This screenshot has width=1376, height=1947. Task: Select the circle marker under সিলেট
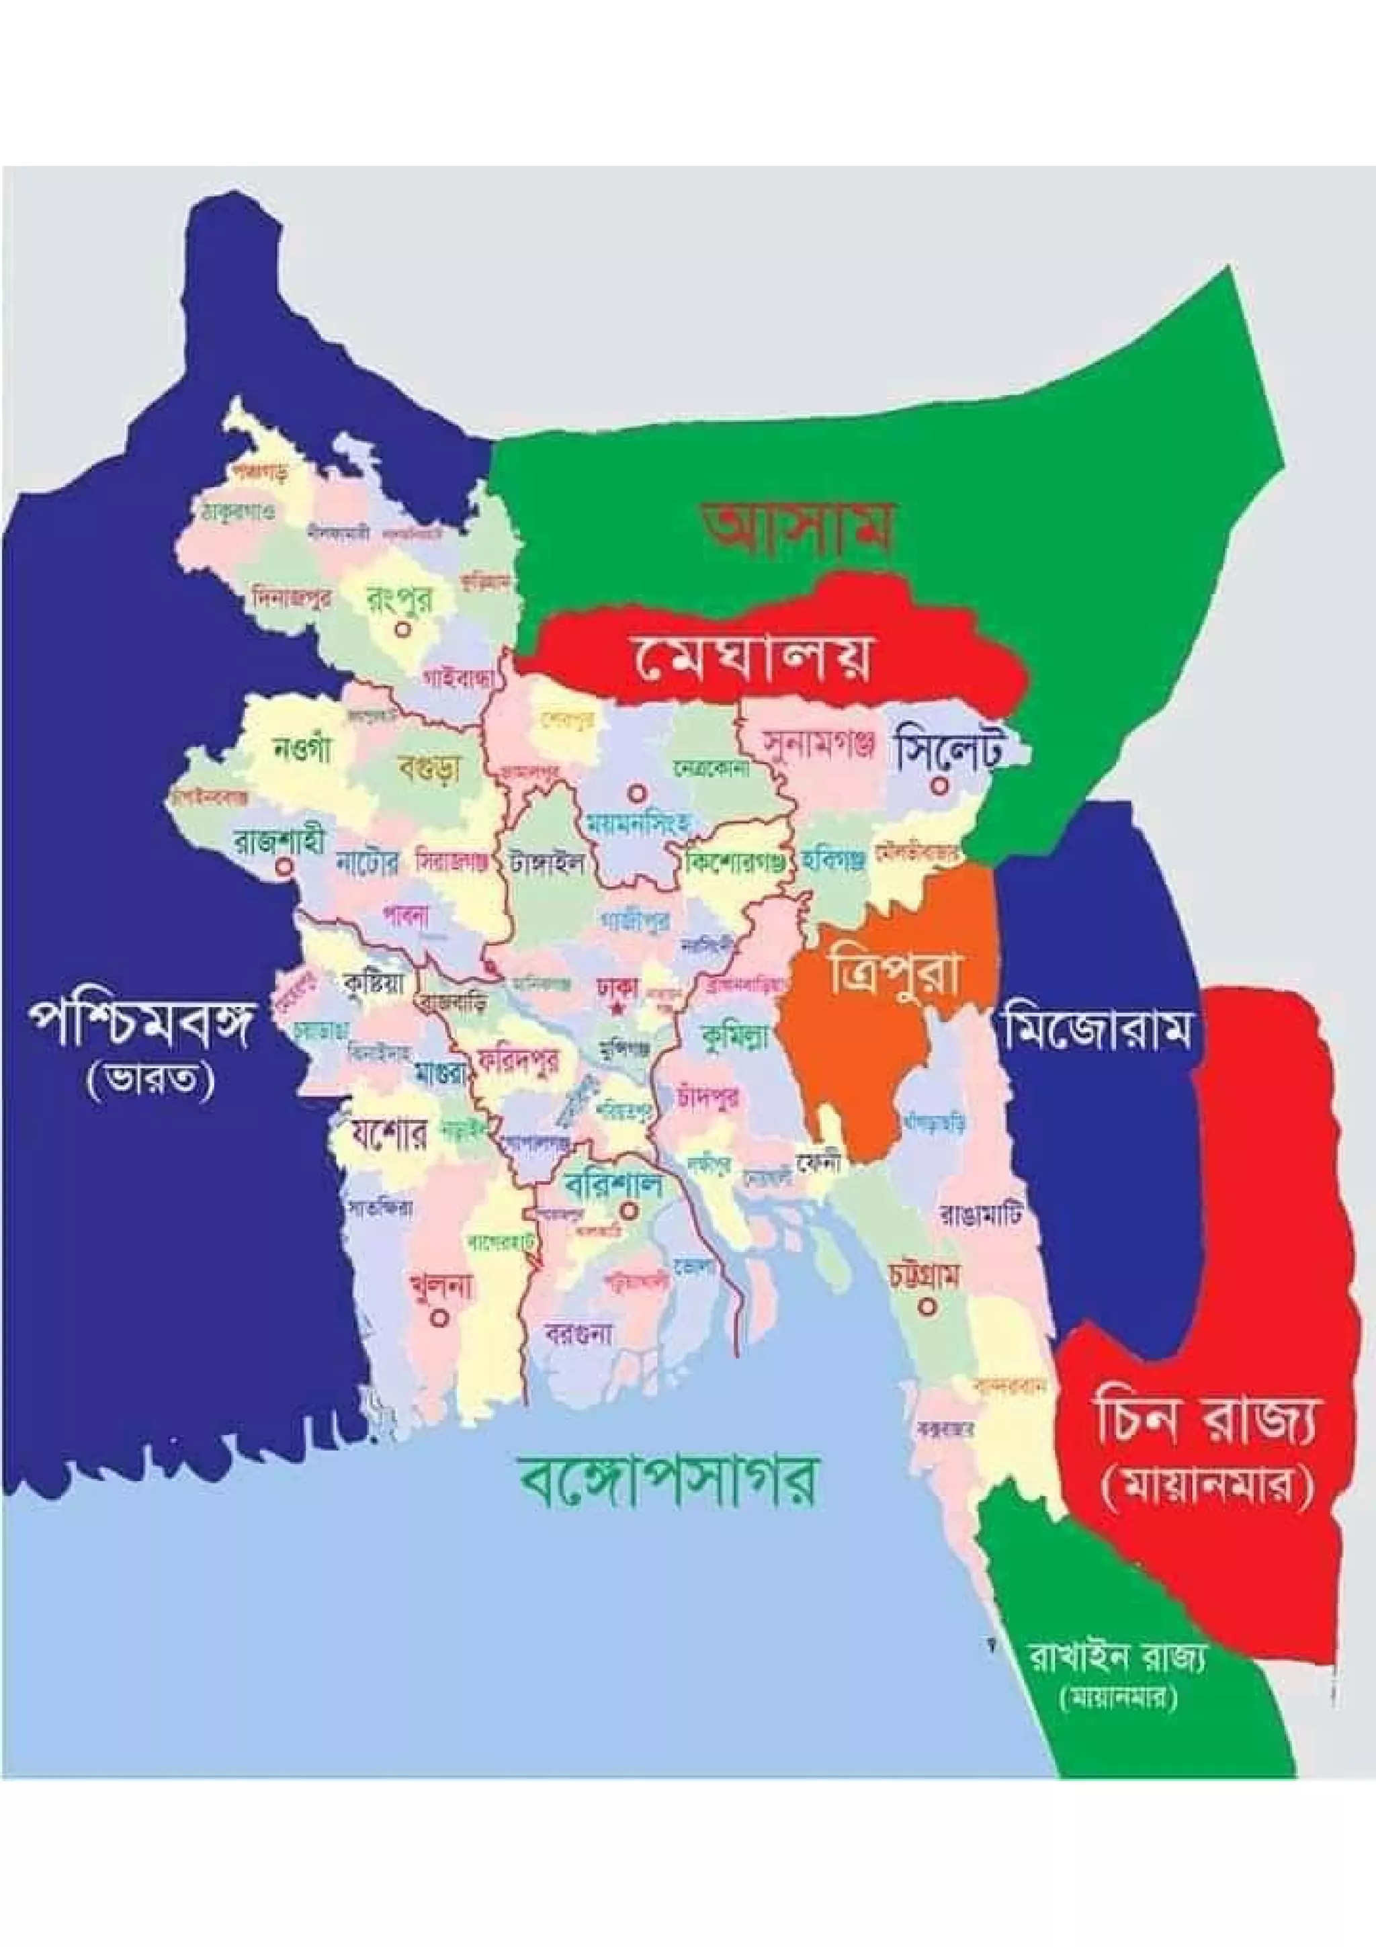pos(939,786)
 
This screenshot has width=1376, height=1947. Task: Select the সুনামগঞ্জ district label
pos(816,744)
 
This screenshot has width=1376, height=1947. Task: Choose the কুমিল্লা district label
pos(734,1033)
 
